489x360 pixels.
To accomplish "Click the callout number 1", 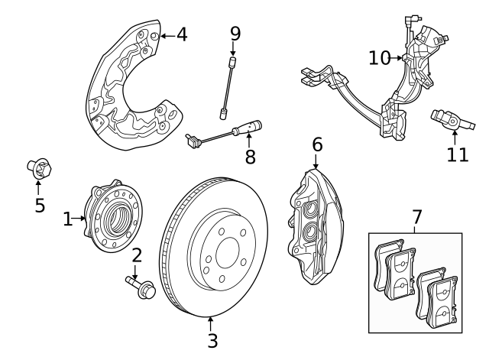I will [68, 219].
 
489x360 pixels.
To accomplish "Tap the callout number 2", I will [137, 256].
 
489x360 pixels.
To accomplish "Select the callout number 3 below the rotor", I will [212, 340].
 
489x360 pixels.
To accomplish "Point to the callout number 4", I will [180, 34].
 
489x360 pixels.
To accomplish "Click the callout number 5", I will [39, 205].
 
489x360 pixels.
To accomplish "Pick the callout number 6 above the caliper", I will [316, 144].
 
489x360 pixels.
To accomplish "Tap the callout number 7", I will [416, 217].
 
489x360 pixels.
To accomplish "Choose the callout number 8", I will [249, 157].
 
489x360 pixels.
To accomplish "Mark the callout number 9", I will [235, 33].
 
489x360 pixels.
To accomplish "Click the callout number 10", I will [380, 57].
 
